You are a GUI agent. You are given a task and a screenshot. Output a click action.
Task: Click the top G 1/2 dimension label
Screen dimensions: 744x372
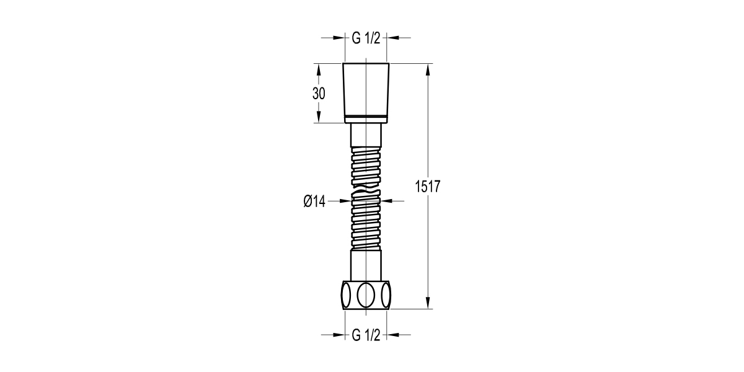coord(366,38)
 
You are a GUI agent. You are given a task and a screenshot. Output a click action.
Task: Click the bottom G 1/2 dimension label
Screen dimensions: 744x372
coord(366,335)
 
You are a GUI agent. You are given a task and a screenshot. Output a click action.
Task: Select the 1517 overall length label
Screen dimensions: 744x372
coord(427,187)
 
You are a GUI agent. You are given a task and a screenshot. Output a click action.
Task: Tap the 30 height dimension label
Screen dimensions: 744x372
coord(319,94)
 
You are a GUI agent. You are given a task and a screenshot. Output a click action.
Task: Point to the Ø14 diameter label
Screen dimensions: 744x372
coord(314,201)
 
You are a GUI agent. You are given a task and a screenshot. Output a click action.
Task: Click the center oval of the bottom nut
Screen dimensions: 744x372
coord(366,295)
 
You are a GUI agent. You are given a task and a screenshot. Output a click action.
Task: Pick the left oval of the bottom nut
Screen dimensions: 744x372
coord(346,295)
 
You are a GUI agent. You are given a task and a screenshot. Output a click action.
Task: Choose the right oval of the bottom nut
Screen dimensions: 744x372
coord(386,295)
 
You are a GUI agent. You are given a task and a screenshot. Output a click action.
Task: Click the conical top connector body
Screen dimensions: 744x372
coord(366,89)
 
